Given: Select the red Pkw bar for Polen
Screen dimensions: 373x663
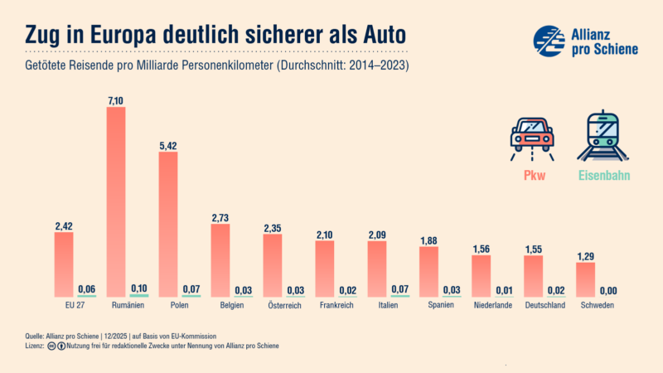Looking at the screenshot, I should (x=168, y=224).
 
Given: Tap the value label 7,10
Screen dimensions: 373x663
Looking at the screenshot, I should (x=116, y=100).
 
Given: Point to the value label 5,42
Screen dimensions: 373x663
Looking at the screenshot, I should (x=168, y=145).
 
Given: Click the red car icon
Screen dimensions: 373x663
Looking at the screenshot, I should (x=533, y=134).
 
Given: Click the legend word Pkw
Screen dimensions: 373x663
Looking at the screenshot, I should (x=533, y=176).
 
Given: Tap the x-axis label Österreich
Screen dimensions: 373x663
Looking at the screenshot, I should (x=273, y=305).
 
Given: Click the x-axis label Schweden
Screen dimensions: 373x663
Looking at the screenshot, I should (x=586, y=305).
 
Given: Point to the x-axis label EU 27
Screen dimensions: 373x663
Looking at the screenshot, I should (x=64, y=305).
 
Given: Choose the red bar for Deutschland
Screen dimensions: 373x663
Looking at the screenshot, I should (x=534, y=275).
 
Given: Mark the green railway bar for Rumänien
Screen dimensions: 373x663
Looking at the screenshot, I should (x=139, y=295).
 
